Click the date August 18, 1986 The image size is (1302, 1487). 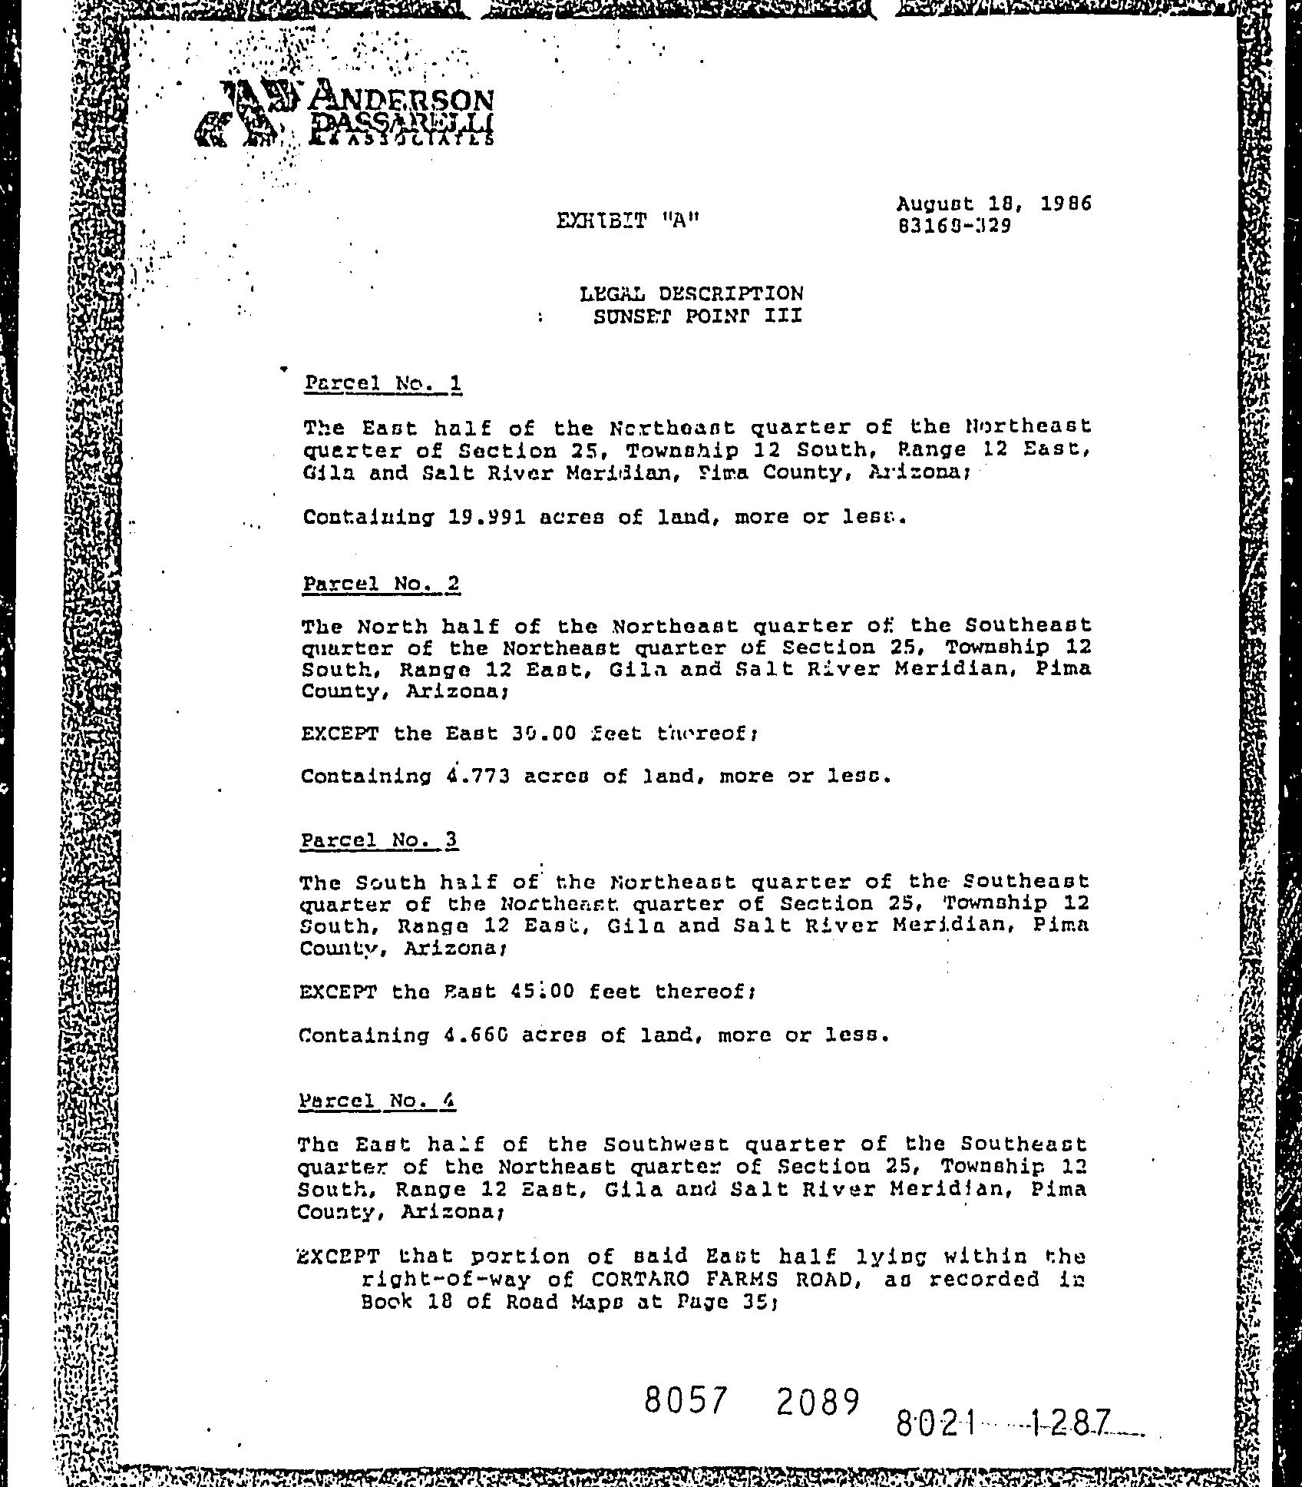coord(993,204)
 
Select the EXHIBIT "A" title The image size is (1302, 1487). coord(628,221)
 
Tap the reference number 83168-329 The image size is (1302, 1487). coord(954,227)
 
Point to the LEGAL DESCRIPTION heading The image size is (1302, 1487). coord(691,293)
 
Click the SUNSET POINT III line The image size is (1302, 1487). coord(697,316)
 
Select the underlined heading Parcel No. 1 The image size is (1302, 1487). coord(382,383)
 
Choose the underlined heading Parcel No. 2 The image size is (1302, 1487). coord(381,584)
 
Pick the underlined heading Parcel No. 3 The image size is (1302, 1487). coord(378,840)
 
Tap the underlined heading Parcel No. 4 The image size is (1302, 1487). coord(377,1101)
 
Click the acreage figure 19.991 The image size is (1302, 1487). coord(487,517)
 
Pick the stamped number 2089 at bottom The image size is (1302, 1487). coord(816,1403)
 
